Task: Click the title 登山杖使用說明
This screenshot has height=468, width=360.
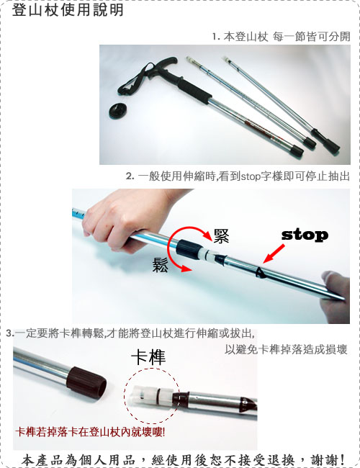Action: pyautogui.click(x=68, y=9)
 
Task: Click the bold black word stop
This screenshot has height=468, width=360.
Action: pyautogui.click(x=305, y=235)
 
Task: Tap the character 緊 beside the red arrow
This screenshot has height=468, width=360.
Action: pyautogui.click(x=221, y=236)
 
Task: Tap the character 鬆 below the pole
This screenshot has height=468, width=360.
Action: pyautogui.click(x=161, y=264)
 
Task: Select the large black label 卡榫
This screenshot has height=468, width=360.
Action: pyautogui.click(x=148, y=357)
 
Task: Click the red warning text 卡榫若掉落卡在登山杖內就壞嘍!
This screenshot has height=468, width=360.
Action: pyautogui.click(x=90, y=432)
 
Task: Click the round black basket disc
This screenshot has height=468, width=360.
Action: pyautogui.click(x=119, y=110)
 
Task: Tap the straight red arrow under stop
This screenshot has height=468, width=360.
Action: pyautogui.click(x=274, y=253)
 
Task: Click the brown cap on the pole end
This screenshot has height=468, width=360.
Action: pyautogui.click(x=86, y=382)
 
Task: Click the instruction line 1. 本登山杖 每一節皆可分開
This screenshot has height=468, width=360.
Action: pyautogui.click(x=281, y=37)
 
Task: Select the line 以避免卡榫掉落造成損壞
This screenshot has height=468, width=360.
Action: pyautogui.click(x=286, y=349)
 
